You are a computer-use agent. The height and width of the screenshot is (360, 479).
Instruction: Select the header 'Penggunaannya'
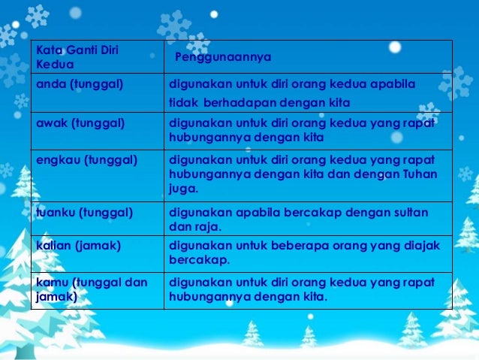pos(222,57)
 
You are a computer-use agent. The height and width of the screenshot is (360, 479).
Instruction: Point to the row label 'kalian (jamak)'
pos(73,246)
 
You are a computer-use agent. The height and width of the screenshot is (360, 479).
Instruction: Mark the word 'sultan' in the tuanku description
pos(410,213)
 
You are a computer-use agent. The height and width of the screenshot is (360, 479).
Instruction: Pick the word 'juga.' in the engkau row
pos(184,189)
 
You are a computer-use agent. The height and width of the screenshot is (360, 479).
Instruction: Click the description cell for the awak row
pos(308,129)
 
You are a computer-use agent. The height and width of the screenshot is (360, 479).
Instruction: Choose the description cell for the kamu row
pos(308,289)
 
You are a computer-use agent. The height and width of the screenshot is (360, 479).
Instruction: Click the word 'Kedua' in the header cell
pos(52,65)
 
